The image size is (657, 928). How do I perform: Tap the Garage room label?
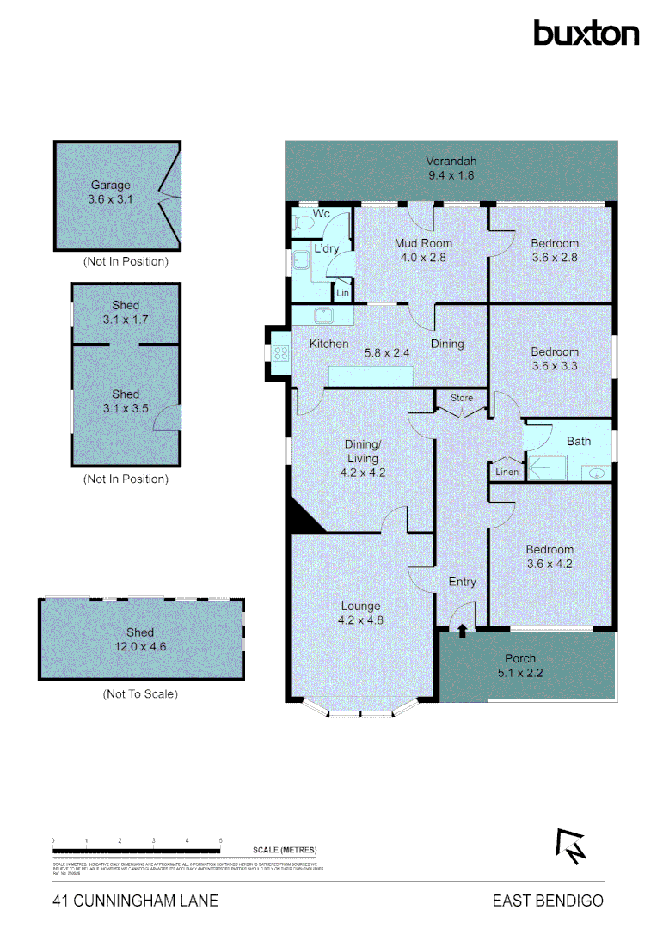click(x=111, y=185)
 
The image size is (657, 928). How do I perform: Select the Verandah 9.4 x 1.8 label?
click(x=451, y=168)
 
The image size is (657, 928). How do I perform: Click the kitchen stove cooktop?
click(x=279, y=352)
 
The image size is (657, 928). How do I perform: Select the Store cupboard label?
click(x=463, y=398)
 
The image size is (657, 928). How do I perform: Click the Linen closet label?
click(x=506, y=472)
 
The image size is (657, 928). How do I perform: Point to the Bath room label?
click(x=579, y=442)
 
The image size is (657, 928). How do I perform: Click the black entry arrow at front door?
click(x=463, y=632)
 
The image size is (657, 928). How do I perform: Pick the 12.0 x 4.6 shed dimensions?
click(x=140, y=647)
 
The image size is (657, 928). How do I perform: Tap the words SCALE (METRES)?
click(x=285, y=849)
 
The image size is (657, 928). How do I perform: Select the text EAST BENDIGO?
click(x=548, y=901)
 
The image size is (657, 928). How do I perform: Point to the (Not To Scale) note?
click(x=140, y=693)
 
